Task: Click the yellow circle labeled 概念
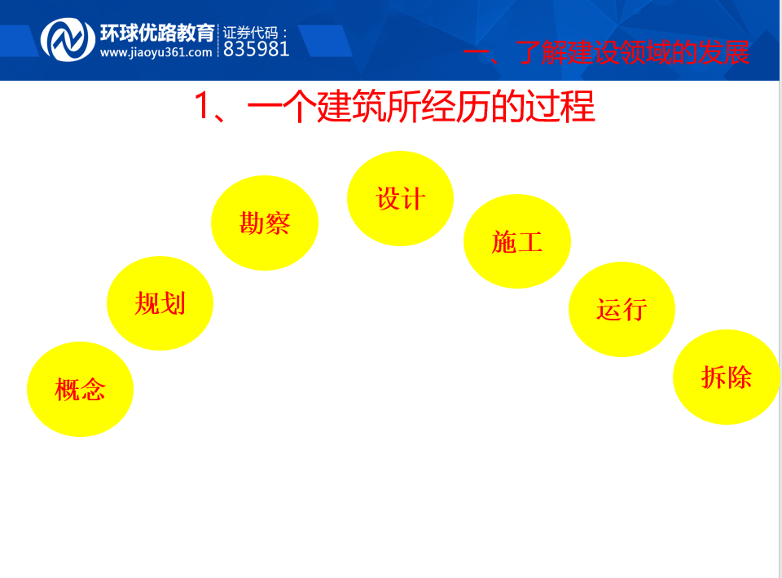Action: tap(81, 390)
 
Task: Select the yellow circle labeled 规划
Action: tap(160, 303)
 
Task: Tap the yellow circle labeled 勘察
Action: tap(265, 223)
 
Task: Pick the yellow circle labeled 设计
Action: tap(401, 198)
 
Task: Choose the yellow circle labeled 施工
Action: tap(517, 241)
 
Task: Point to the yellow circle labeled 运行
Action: tap(622, 310)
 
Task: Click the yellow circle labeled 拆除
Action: tap(726, 377)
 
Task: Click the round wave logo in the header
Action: tap(68, 40)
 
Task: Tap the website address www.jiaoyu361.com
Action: tap(156, 52)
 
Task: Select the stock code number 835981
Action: tap(257, 49)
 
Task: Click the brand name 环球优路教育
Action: tap(157, 33)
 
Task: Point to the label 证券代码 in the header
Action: tap(250, 33)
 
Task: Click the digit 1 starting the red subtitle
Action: tap(201, 105)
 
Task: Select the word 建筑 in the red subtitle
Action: tap(351, 106)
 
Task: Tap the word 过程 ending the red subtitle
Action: tap(560, 106)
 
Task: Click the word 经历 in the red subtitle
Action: tap(456, 106)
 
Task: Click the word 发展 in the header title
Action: tap(723, 52)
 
